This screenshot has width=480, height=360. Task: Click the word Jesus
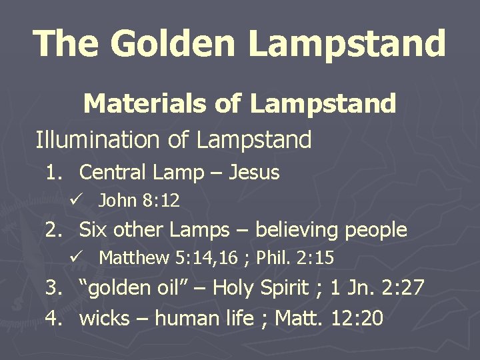coord(254,173)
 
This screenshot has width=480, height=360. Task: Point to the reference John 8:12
coord(139,200)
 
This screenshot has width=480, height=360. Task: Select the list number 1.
coord(53,173)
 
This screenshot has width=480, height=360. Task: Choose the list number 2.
coord(53,230)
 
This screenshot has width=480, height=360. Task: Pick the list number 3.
coord(53,288)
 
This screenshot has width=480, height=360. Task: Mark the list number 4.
coord(53,318)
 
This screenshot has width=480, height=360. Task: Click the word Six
coord(93,230)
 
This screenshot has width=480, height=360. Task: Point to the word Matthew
coord(134,257)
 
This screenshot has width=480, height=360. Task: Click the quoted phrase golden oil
coord(133,288)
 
